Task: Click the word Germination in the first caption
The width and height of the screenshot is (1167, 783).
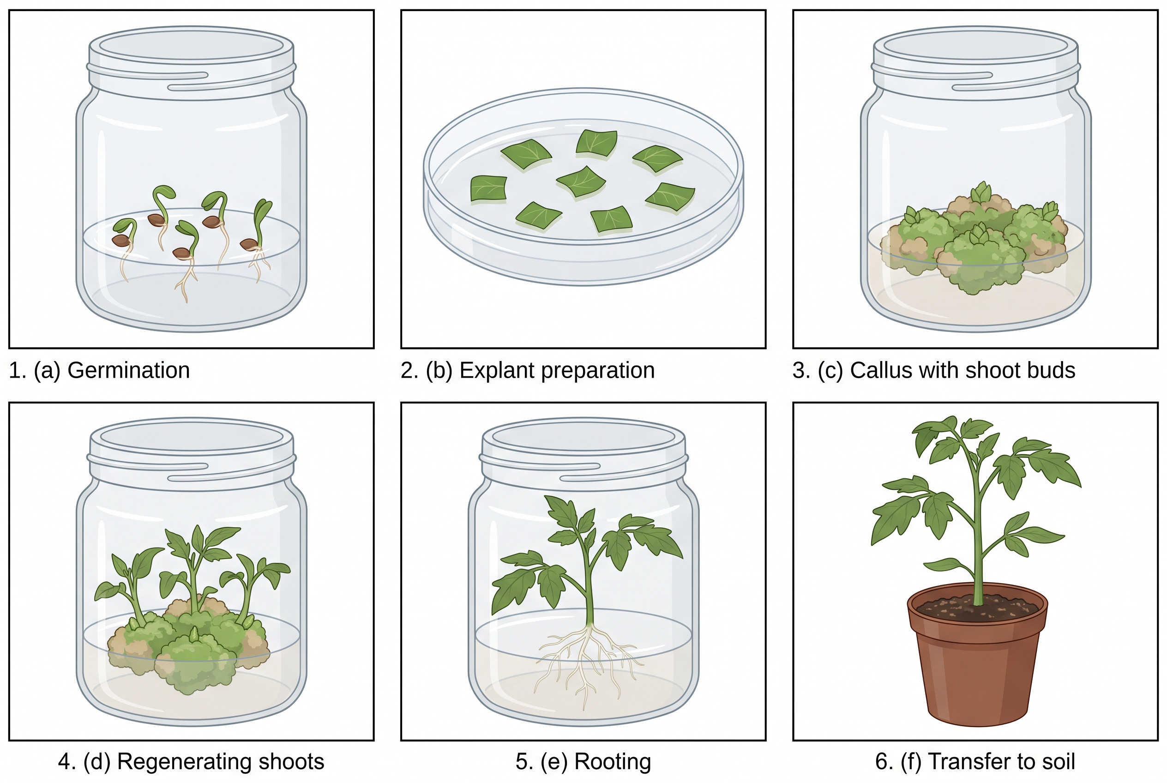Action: click(128, 371)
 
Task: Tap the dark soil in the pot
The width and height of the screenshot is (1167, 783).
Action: click(977, 607)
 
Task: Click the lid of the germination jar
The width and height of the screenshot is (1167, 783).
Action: click(191, 62)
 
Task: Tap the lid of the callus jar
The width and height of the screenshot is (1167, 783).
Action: click(976, 62)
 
